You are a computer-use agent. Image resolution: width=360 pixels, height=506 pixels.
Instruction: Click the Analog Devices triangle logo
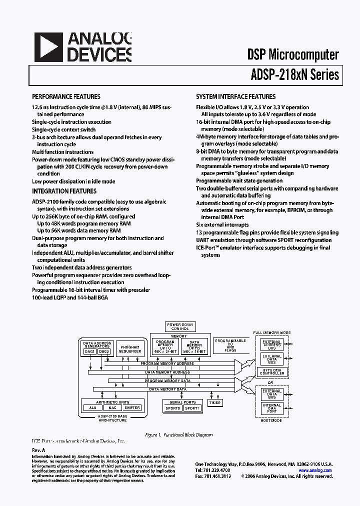tap(48, 47)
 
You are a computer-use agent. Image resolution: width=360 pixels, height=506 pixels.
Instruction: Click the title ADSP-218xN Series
tap(294, 74)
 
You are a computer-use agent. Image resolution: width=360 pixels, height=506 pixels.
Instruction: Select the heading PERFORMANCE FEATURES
tap(66, 96)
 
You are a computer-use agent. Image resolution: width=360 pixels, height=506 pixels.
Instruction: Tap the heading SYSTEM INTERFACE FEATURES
tap(235, 96)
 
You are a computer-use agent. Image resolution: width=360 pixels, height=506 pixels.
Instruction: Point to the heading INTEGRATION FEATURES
tap(64, 191)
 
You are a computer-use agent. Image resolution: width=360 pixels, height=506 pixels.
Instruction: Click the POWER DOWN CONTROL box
tap(180, 326)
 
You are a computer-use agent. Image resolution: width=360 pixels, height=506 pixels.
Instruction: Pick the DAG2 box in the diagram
tap(104, 351)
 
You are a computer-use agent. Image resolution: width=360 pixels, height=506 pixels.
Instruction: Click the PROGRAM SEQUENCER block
tap(129, 349)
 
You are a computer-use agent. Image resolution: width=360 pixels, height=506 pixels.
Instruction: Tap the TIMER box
tap(215, 402)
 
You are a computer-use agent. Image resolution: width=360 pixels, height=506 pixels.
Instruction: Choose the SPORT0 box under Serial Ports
tap(173, 408)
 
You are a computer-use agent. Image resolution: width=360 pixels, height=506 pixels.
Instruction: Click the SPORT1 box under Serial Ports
tap(192, 408)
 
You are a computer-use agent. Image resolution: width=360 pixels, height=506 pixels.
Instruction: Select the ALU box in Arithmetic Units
tap(92, 407)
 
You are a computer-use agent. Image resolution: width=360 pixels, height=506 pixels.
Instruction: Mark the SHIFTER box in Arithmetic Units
tap(132, 407)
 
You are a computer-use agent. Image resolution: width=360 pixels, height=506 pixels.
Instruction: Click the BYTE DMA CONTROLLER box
tap(272, 371)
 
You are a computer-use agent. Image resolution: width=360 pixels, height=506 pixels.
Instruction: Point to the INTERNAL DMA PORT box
tap(272, 408)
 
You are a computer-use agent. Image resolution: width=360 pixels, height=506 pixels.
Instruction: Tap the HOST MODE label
tap(272, 420)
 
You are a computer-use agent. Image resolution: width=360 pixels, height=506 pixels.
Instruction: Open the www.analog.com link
tap(315, 470)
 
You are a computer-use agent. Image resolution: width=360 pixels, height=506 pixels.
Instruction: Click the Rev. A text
tap(38, 450)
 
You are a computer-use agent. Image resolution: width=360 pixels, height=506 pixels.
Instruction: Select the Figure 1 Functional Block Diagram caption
tap(178, 435)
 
